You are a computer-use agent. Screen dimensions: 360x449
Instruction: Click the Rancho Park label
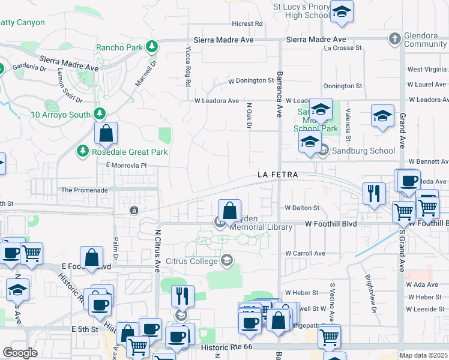[120, 47]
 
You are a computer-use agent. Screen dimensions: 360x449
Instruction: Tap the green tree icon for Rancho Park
[152, 46]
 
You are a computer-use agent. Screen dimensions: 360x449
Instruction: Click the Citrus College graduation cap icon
[227, 260]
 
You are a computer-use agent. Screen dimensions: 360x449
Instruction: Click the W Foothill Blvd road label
[331, 224]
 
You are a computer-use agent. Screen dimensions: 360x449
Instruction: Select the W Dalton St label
[303, 208]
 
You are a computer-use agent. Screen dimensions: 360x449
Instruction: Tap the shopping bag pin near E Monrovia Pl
[106, 134]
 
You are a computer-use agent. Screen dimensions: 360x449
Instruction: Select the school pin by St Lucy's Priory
[342, 12]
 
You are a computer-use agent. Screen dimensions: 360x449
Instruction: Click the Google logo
[20, 353]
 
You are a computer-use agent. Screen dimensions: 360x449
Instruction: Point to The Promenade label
[84, 190]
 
